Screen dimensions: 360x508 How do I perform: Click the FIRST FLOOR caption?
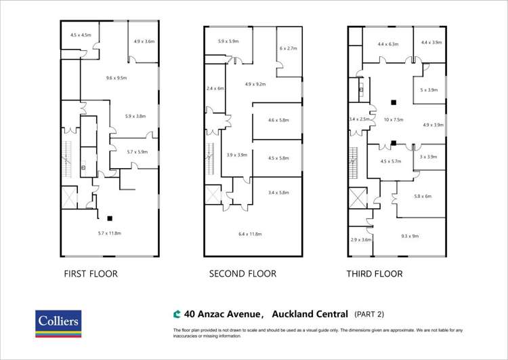click(91, 274)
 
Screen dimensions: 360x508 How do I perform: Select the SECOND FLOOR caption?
click(242, 274)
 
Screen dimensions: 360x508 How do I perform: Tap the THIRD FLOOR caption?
click(375, 274)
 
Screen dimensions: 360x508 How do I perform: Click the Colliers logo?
click(58, 323)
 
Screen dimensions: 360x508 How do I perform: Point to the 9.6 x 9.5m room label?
click(117, 78)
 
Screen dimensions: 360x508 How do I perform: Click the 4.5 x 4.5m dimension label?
click(81, 35)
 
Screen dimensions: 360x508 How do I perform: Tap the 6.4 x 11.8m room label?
click(250, 234)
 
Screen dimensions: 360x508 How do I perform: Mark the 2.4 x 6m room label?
click(215, 88)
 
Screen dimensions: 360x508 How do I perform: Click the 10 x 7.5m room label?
click(394, 119)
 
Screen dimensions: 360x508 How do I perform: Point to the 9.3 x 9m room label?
click(410, 236)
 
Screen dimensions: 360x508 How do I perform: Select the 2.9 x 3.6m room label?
click(361, 239)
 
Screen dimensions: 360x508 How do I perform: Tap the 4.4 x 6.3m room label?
click(388, 44)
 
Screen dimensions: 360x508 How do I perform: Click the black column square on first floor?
click(109, 218)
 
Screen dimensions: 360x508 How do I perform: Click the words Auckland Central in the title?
click(311, 314)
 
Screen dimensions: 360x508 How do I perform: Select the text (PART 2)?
click(369, 315)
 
